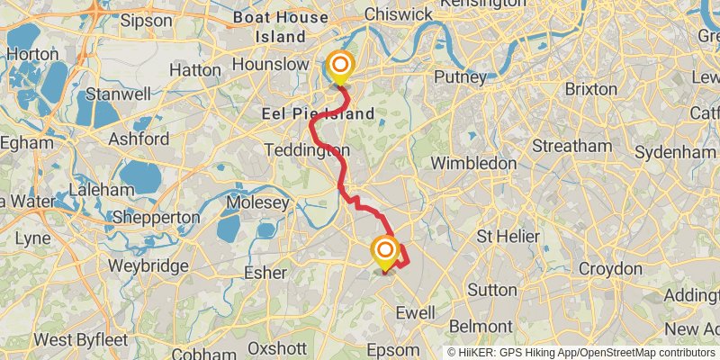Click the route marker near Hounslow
[340, 66]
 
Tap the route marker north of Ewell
[385, 250]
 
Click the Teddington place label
[307, 149]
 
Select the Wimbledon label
[473, 163]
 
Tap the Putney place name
[460, 77]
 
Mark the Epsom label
[394, 349]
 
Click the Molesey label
[258, 203]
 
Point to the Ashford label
[138, 139]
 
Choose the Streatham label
[571, 146]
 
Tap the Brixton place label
[591, 89]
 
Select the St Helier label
[508, 237]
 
